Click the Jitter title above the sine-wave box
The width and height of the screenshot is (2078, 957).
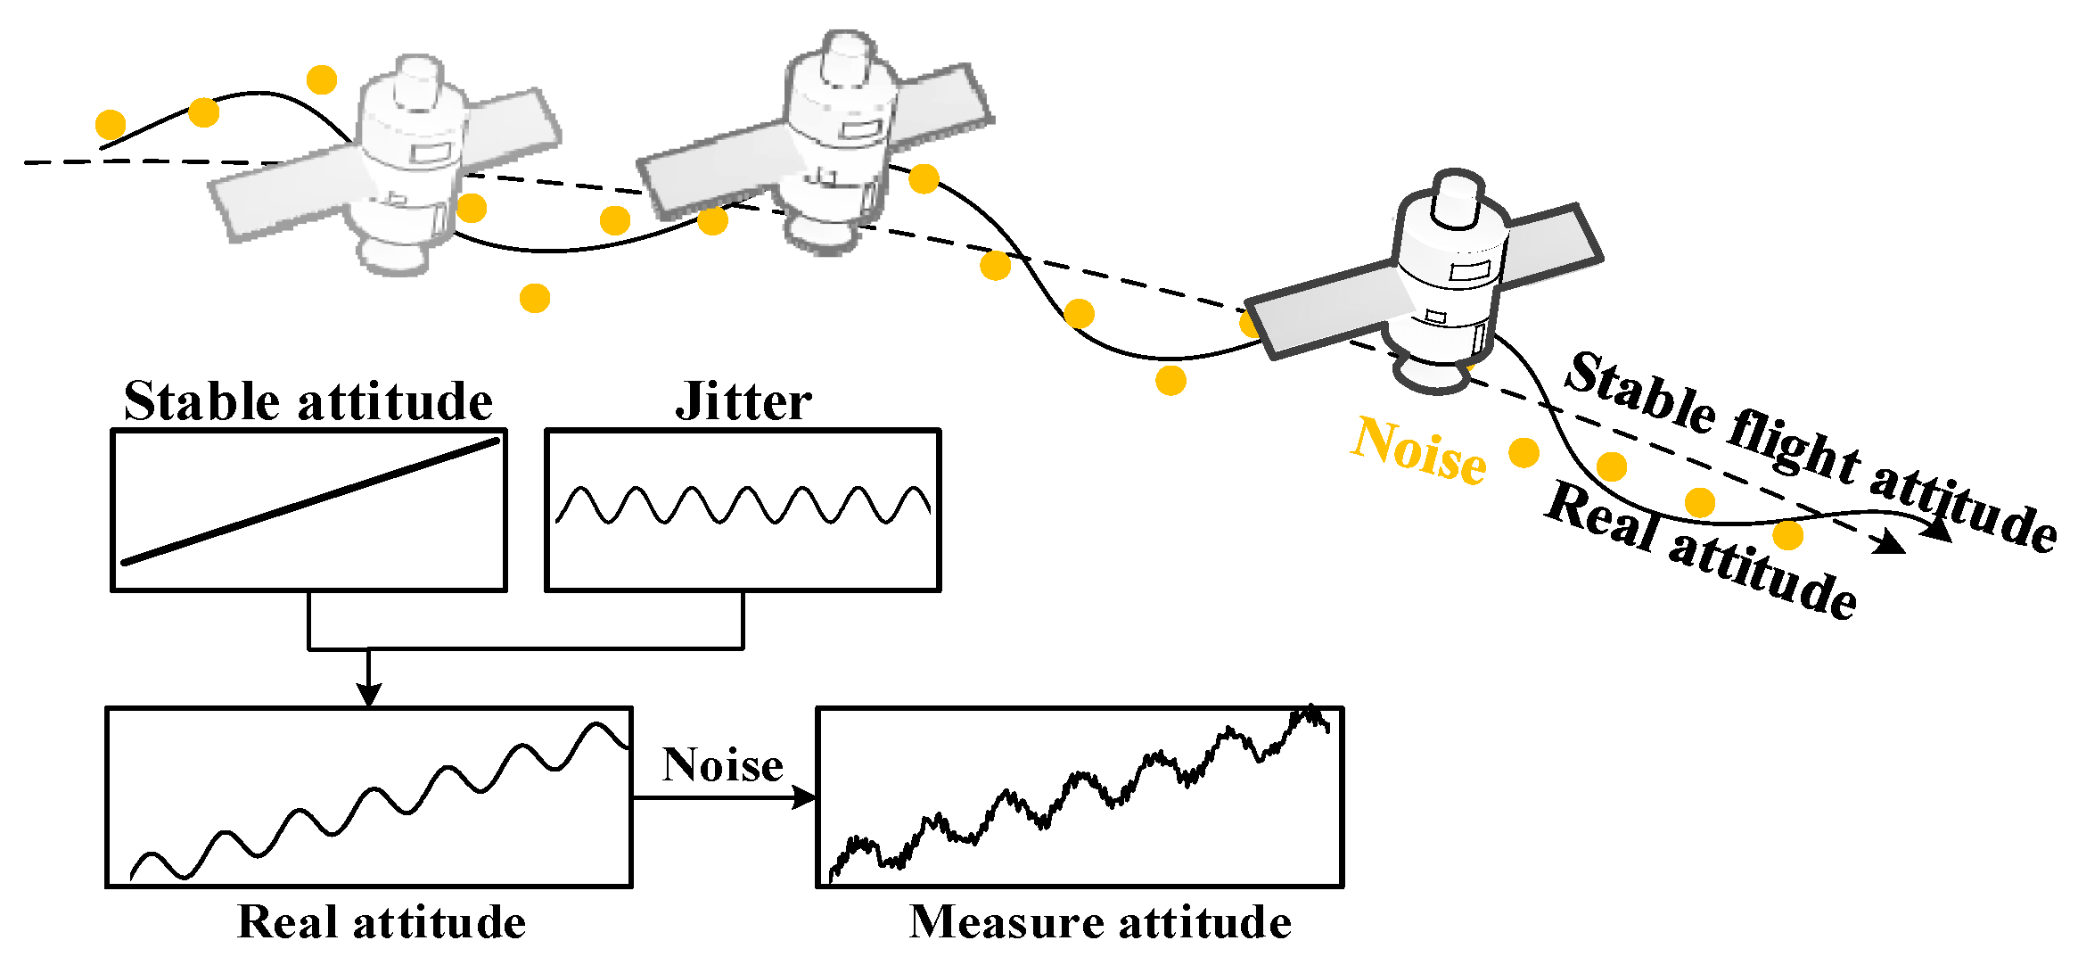pos(743,402)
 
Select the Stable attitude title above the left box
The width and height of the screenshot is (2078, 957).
pos(308,402)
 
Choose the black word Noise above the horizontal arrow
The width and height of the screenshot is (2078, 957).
pos(722,765)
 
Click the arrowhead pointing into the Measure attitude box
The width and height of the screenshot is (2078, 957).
pos(804,797)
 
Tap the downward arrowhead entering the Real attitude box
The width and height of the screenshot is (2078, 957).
pos(369,695)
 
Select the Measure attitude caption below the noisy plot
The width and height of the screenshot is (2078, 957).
pos(1099,922)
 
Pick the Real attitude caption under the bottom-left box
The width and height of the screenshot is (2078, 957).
pos(382,922)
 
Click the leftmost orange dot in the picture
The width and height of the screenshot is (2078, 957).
pos(111,126)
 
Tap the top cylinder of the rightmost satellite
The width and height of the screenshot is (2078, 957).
pos(1457,199)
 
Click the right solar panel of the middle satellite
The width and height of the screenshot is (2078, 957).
pos(941,105)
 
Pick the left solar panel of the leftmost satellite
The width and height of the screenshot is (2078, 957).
pos(290,196)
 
